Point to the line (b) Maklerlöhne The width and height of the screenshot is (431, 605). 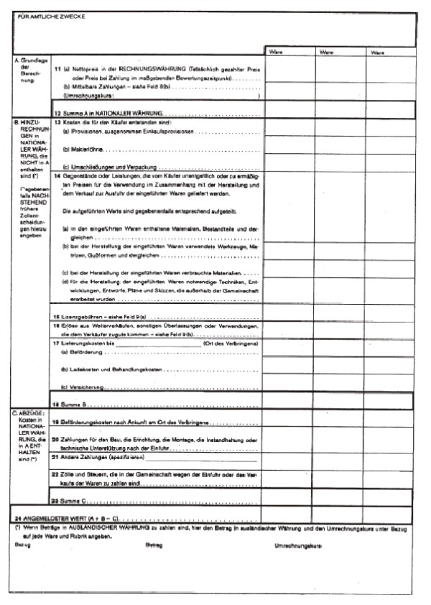(x=83, y=149)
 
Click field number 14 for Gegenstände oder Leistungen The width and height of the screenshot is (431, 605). (x=57, y=176)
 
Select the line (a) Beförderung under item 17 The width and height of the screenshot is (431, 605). (x=83, y=353)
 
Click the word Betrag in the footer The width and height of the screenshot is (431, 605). (x=154, y=546)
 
